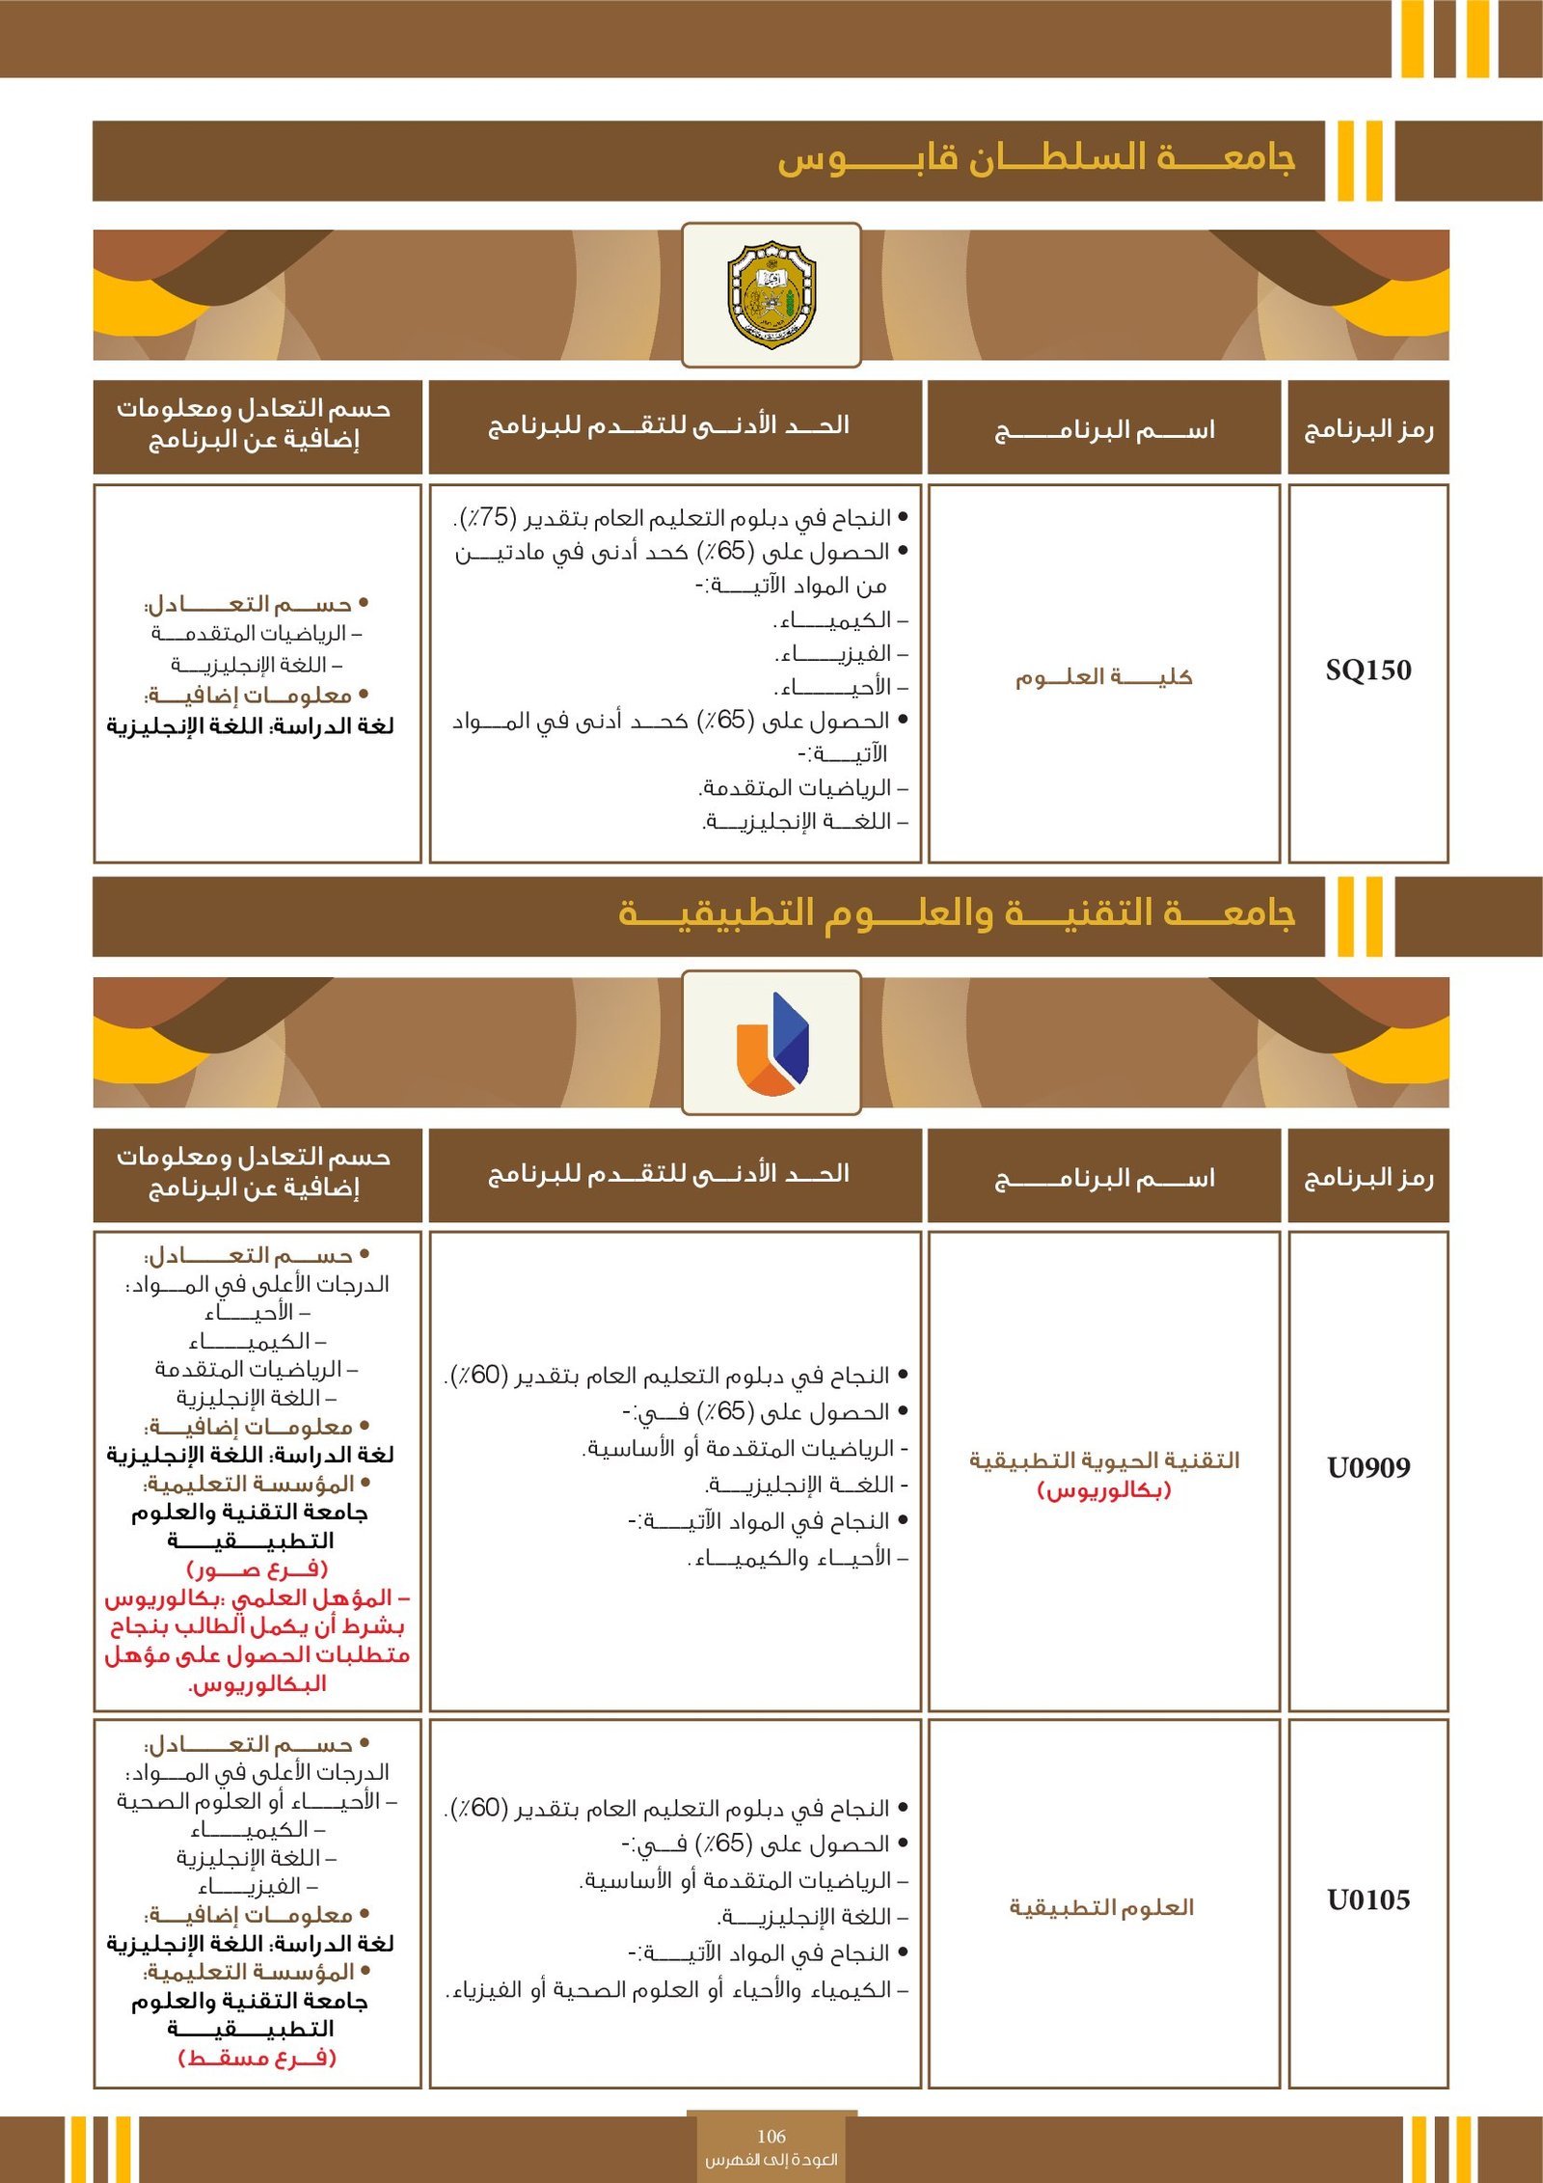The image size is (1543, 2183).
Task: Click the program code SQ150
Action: point(1367,670)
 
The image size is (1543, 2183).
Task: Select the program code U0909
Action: point(1367,1467)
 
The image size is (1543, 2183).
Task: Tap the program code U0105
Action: point(1367,1899)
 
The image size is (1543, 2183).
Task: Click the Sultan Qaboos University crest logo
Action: point(771,295)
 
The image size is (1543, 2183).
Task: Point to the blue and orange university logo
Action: point(771,1044)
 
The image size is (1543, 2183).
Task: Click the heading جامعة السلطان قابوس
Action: point(1036,159)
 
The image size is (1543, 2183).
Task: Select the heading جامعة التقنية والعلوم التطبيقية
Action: point(956,913)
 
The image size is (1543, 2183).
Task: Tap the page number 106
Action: point(771,2136)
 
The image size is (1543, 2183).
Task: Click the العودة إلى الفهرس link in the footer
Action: point(771,2160)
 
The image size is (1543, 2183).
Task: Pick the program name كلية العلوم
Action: point(1103,677)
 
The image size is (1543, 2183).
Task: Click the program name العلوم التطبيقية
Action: point(1101,1907)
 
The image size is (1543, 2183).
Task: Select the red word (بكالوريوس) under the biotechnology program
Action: point(1103,1490)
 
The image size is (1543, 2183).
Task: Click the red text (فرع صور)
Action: point(257,1569)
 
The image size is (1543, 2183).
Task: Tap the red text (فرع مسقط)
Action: point(257,2058)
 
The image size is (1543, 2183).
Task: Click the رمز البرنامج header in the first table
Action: point(1367,429)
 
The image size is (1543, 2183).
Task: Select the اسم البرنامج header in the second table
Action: point(1104,1178)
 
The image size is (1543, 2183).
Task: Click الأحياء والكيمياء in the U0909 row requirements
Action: point(796,1558)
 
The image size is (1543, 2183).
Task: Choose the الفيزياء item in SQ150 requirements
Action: point(835,654)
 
